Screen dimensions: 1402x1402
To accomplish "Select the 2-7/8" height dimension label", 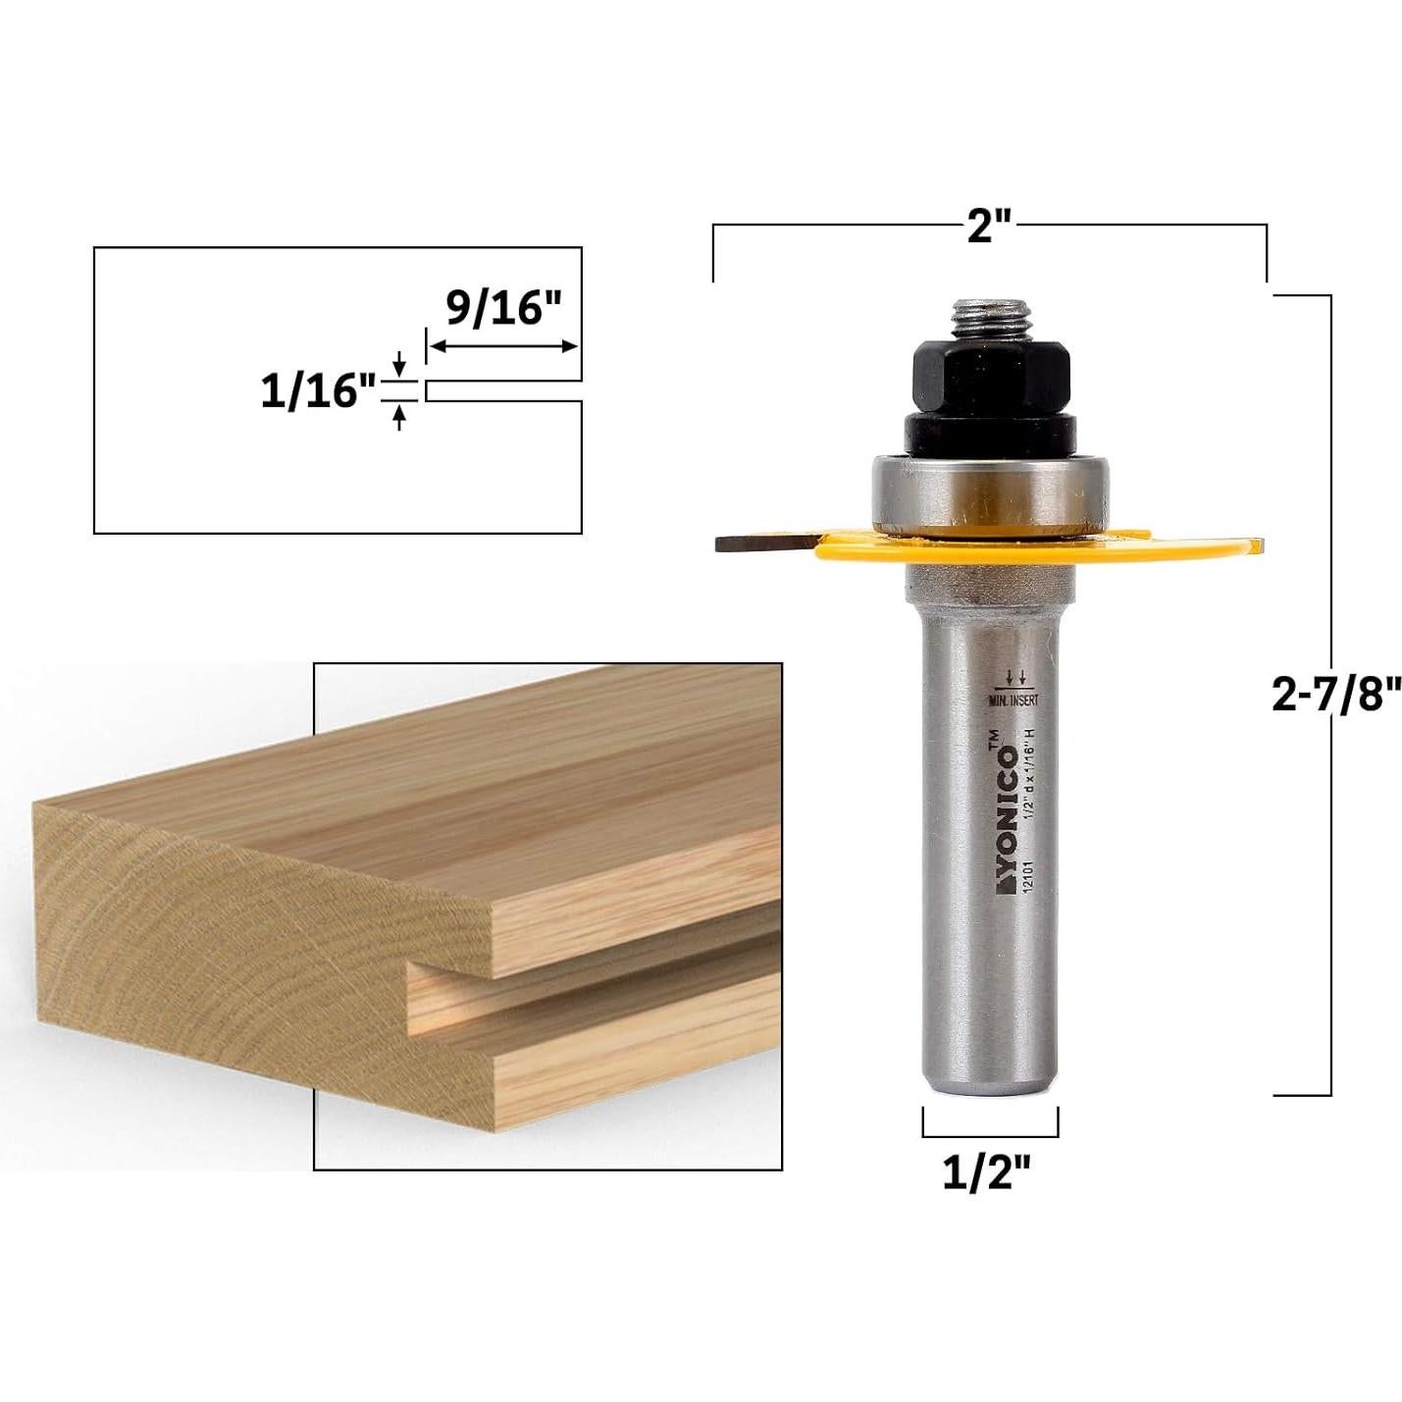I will click(1332, 695).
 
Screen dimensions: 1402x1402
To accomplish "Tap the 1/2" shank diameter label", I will click(989, 1171).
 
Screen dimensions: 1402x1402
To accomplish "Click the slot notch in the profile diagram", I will click(504, 390).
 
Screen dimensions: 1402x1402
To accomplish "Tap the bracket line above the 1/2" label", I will click(989, 1135).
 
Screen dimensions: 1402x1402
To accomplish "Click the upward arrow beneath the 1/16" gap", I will click(398, 418).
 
